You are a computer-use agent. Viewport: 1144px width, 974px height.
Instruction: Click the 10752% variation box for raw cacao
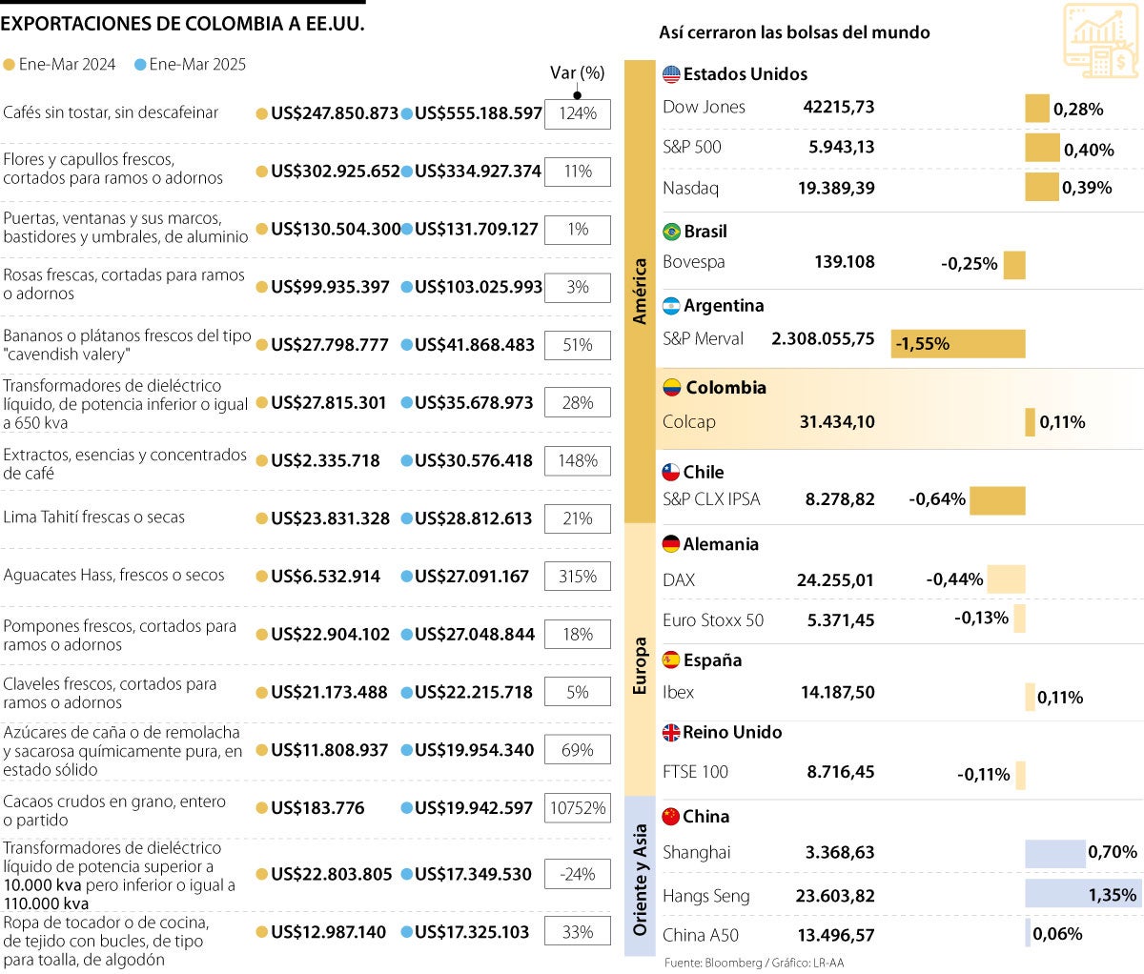tap(578, 808)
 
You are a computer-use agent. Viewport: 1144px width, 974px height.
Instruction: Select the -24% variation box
tap(578, 874)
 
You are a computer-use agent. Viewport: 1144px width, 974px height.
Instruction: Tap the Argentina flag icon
tap(671, 306)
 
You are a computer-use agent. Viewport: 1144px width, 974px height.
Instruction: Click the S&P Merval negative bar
tap(958, 343)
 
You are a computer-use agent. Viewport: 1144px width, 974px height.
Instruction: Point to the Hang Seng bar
tap(1082, 894)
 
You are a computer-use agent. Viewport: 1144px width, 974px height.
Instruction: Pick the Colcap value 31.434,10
tap(837, 422)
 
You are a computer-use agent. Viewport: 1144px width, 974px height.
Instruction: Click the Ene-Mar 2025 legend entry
tap(190, 65)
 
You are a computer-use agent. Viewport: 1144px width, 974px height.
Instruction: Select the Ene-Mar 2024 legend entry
tap(59, 65)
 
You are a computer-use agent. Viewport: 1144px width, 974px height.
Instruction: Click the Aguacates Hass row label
tap(113, 576)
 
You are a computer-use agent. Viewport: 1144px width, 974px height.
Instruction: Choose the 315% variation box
tap(578, 577)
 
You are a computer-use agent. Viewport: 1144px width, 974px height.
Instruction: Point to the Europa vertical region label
tap(640, 665)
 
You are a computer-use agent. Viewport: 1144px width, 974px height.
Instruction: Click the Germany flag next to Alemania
tap(671, 544)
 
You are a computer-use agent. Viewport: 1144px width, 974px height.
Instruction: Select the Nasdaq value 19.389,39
tap(836, 188)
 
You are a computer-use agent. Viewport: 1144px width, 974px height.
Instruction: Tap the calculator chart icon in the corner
tap(1100, 40)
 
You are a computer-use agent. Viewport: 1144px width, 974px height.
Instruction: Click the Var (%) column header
tap(578, 73)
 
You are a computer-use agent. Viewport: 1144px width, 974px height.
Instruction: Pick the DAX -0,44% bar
tap(1006, 578)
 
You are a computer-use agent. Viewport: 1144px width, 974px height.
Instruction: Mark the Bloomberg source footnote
tap(754, 963)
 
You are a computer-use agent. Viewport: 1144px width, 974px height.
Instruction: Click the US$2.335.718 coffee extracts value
tap(325, 460)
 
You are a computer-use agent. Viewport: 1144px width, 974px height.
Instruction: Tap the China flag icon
tap(671, 817)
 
